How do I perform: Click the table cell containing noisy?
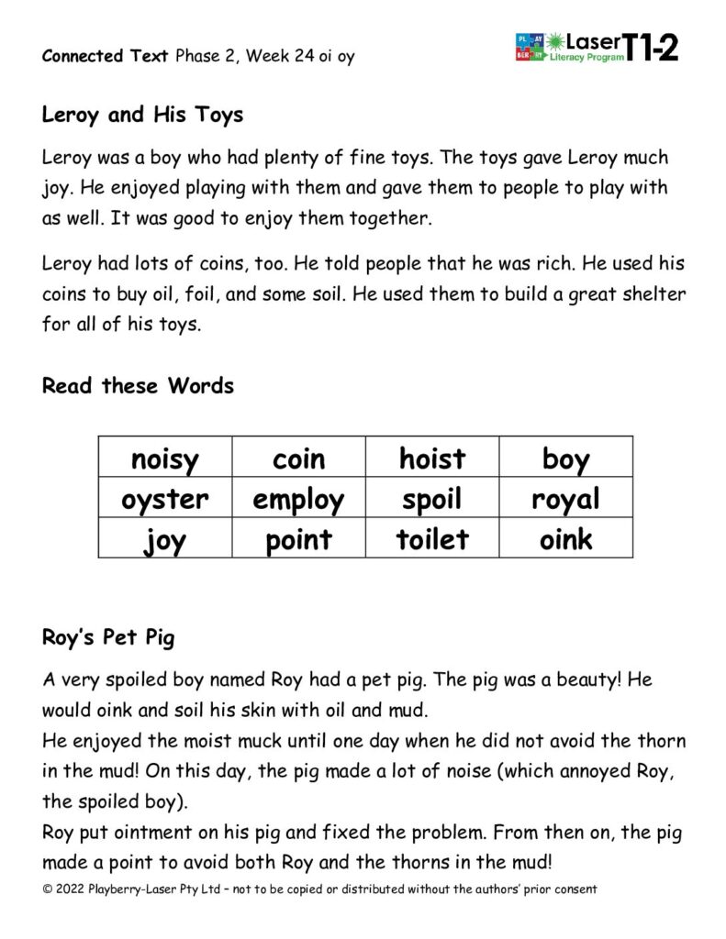[165, 458]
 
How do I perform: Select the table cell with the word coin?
[298, 458]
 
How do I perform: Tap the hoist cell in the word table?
[432, 458]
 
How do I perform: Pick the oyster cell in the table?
[165, 499]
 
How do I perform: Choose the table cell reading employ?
[298, 499]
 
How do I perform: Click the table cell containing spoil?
[432, 499]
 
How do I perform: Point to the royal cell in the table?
[566, 499]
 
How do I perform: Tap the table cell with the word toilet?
[432, 538]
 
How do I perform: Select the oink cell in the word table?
[566, 538]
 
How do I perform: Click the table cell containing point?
[298, 538]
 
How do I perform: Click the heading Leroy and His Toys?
[142, 116]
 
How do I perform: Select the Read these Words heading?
[138, 385]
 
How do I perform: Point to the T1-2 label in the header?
[652, 47]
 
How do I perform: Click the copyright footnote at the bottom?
[319, 889]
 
